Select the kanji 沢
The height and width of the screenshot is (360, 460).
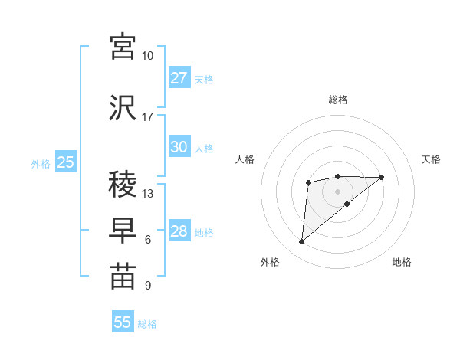(123, 106)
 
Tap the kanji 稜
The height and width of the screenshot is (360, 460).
(123, 185)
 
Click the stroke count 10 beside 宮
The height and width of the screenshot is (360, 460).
(148, 56)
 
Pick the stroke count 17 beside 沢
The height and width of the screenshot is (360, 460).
(148, 117)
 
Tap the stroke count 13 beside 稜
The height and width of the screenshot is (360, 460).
(148, 194)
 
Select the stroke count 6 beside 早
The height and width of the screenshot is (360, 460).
(148, 240)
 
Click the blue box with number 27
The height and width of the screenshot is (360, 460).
(179, 78)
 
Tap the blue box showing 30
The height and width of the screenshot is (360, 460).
(179, 148)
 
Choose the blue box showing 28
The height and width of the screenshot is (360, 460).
(179, 232)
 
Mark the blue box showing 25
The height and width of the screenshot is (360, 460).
(65, 162)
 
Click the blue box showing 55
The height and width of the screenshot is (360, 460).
(123, 322)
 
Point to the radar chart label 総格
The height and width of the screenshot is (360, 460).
(337, 100)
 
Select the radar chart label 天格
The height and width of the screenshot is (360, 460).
(432, 159)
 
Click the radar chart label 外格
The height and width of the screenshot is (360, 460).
(270, 262)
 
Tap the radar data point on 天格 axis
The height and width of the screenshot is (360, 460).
(382, 177)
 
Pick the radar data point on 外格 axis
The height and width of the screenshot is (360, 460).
(301, 242)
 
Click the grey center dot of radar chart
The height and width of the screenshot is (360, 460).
(337, 191)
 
